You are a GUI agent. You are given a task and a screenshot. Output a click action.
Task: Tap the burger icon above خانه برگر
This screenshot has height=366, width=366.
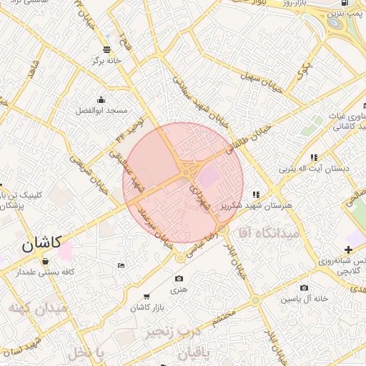pyautogui.click(x=107, y=49)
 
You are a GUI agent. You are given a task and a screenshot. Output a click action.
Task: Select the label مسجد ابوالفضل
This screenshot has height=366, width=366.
pyautogui.click(x=102, y=112)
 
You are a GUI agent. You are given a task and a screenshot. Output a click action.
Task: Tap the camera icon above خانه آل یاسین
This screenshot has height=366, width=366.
pyautogui.click(x=305, y=287)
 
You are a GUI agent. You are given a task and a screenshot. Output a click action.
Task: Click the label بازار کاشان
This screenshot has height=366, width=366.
pyautogui.click(x=147, y=307)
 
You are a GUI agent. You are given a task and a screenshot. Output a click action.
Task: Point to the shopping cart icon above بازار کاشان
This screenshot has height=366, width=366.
pyautogui.click(x=147, y=296)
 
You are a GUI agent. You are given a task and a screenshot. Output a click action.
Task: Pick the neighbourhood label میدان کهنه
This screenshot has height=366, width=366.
pyautogui.click(x=38, y=308)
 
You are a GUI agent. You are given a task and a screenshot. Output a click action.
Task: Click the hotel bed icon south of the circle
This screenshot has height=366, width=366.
pyautogui.click(x=121, y=265)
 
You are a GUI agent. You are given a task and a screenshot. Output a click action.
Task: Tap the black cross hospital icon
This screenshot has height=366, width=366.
pyautogui.click(x=348, y=249)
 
